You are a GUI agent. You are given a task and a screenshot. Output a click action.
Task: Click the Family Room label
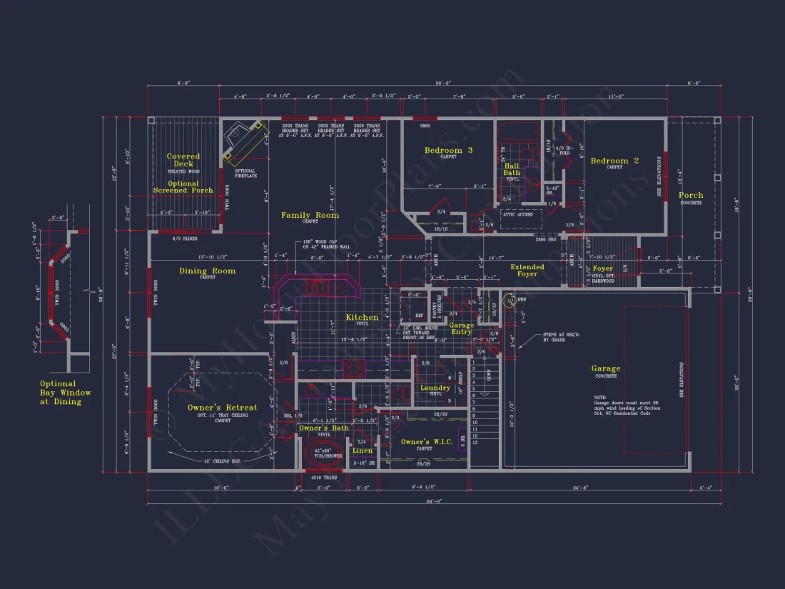[x=310, y=215]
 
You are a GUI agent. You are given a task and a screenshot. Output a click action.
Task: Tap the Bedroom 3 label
[x=448, y=151]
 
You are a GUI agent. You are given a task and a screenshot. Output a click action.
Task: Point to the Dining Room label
[x=207, y=271]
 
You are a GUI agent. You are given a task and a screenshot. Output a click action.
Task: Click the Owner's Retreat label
[x=222, y=408]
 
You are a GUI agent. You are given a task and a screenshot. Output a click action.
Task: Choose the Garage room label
[x=605, y=369]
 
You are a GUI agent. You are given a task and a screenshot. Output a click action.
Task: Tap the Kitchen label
[x=362, y=318]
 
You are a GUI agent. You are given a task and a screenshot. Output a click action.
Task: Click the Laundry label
[x=435, y=388]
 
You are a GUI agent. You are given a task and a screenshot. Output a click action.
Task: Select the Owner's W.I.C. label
[x=425, y=443]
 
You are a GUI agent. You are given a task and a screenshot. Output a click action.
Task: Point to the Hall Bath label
[x=512, y=169]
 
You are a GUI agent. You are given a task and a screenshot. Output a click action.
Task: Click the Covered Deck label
[x=183, y=160]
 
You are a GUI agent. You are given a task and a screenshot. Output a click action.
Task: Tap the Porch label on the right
[x=690, y=195]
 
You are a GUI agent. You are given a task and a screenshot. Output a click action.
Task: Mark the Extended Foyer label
[x=527, y=271]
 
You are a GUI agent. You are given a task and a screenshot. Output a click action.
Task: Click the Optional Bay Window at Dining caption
[x=66, y=393]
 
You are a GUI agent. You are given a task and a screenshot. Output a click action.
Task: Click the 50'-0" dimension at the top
[x=444, y=84]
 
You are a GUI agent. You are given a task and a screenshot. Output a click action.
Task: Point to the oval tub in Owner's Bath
[x=323, y=453]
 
